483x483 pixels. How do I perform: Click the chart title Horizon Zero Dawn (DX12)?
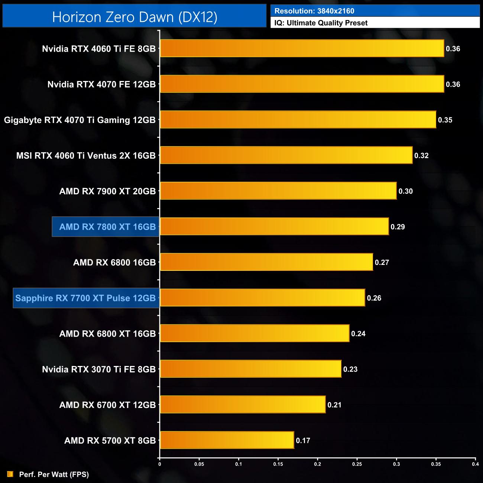(x=134, y=17)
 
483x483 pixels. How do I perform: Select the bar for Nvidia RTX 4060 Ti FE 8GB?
(x=302, y=48)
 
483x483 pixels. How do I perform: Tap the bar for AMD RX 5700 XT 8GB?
(x=227, y=440)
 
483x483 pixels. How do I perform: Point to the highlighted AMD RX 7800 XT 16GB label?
(x=107, y=227)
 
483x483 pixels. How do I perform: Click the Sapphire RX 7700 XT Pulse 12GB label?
(x=85, y=298)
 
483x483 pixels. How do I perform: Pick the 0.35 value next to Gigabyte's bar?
(x=445, y=120)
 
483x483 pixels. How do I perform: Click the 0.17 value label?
(x=303, y=441)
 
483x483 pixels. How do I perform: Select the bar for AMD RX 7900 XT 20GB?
(x=278, y=191)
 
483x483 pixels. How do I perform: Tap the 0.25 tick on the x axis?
(x=357, y=464)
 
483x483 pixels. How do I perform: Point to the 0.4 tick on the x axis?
(x=475, y=464)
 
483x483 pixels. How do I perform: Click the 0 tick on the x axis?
(x=160, y=464)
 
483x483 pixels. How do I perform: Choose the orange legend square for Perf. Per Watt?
(x=10, y=474)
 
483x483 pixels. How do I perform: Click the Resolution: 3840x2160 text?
(x=314, y=11)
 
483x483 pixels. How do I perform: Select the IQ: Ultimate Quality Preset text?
(x=321, y=23)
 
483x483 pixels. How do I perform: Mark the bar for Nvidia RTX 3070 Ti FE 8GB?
(x=250, y=369)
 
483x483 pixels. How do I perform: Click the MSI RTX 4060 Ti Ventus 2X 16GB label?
(x=86, y=156)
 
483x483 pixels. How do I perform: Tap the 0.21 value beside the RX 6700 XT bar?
(x=334, y=405)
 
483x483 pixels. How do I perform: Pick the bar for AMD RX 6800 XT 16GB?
(x=255, y=333)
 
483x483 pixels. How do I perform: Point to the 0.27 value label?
(x=382, y=262)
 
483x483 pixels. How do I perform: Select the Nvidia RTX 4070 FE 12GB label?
(x=101, y=84)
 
